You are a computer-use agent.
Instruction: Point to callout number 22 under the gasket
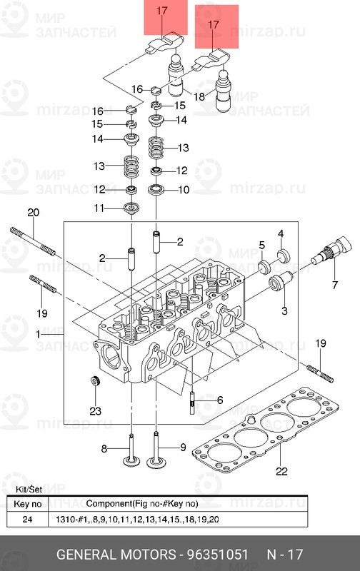(281, 471)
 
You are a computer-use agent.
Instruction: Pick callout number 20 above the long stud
(32, 212)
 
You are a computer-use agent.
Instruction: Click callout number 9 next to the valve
(182, 448)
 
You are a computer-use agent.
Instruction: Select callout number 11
(100, 208)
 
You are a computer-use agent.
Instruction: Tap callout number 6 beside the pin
(220, 400)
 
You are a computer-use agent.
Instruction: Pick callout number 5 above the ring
(262, 246)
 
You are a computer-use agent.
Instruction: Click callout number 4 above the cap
(281, 234)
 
